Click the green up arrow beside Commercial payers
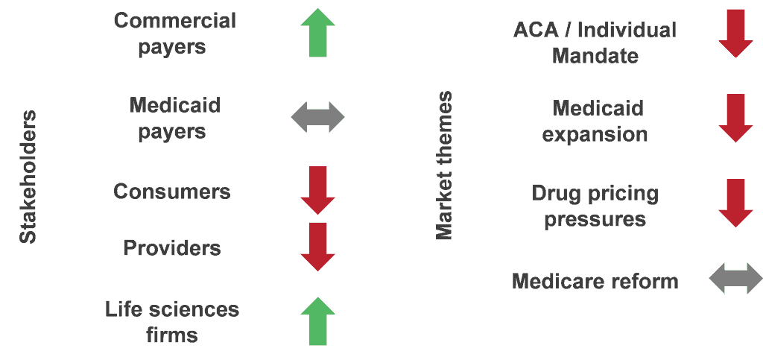click(x=318, y=33)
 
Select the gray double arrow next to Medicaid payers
click(x=318, y=117)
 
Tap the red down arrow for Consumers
click(x=318, y=190)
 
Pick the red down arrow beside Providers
click(x=318, y=247)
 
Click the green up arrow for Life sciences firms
click(x=318, y=321)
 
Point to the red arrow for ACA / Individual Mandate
click(x=735, y=34)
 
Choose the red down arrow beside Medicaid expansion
click(x=735, y=118)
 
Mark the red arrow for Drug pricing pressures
click(x=735, y=203)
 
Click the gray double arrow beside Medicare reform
click(x=735, y=278)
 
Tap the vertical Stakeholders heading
click(x=28, y=177)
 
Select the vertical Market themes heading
click(x=444, y=165)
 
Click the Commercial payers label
click(x=174, y=34)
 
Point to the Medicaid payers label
click(x=174, y=118)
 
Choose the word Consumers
click(x=172, y=192)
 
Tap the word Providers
click(x=172, y=248)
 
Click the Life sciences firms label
click(x=172, y=322)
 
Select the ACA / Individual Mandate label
click(x=595, y=42)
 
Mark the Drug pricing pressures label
click(x=595, y=206)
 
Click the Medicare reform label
click(x=595, y=282)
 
